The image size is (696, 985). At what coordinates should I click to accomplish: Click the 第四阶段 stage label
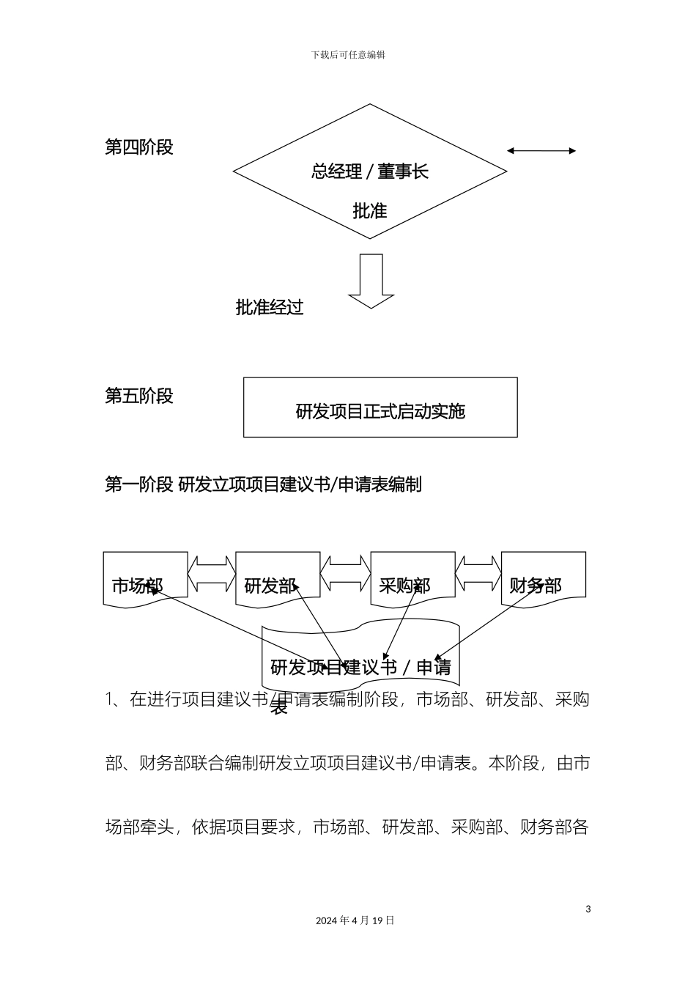[139, 147]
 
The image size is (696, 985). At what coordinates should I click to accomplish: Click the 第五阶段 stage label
[139, 396]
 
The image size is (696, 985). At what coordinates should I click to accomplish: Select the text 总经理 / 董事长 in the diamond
[369, 172]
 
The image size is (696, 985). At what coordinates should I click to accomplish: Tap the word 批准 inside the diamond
[369, 212]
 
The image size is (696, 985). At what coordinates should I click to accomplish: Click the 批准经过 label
[270, 308]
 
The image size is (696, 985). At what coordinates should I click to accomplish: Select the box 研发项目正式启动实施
[380, 408]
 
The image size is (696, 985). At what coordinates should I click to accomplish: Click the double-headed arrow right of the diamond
[541, 151]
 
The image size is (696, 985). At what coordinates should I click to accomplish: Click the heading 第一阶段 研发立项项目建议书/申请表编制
[263, 484]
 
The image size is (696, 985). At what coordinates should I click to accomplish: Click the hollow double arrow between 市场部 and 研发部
[212, 574]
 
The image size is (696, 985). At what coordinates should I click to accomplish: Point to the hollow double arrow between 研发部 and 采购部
[346, 574]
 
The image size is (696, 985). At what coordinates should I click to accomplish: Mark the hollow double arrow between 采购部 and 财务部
[478, 574]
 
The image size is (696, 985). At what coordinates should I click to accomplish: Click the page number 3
[588, 910]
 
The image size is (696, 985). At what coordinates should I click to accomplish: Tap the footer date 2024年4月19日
[355, 921]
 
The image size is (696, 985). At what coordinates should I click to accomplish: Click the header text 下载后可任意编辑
[348, 54]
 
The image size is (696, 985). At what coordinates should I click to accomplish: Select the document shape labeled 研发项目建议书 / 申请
[360, 652]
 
